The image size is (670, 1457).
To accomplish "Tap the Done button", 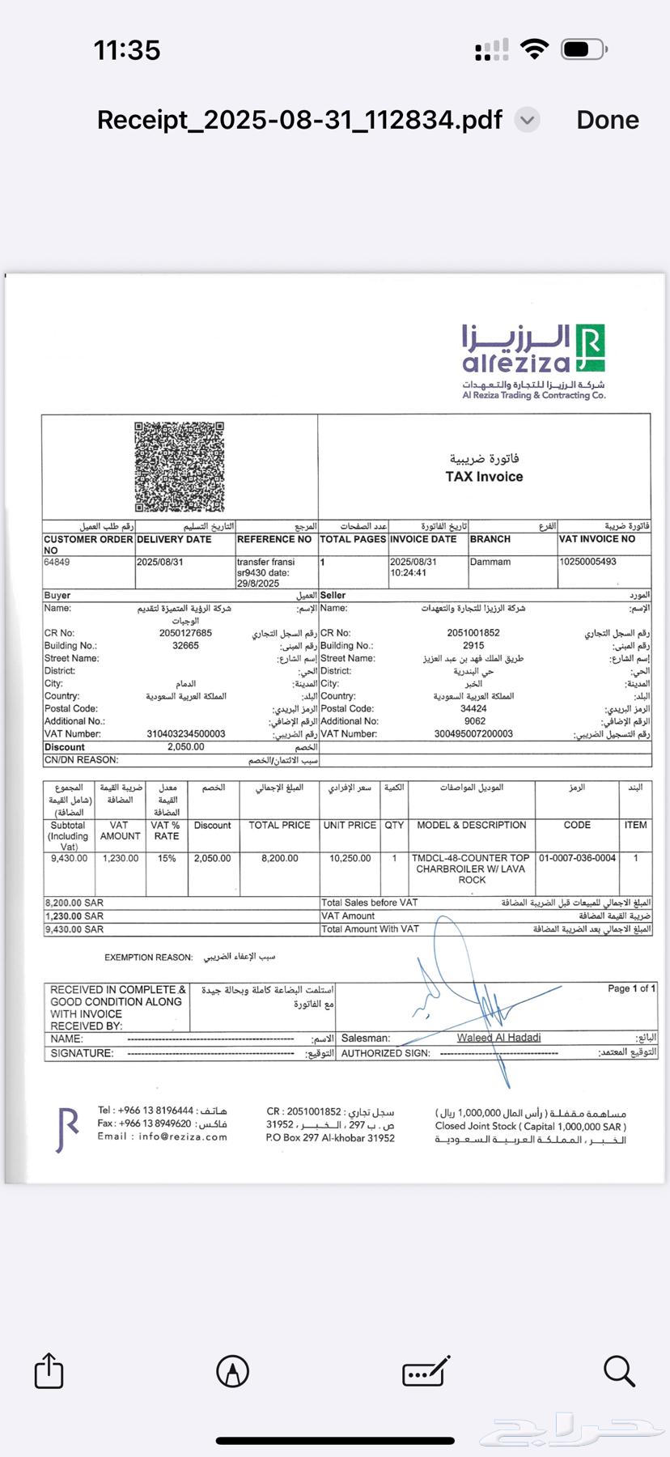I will coord(607,120).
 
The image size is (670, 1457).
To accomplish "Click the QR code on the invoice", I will coord(179,466).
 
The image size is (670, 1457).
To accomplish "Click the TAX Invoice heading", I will coord(484,477).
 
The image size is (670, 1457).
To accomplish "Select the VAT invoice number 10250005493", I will coord(587,562).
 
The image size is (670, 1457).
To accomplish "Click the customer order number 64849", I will coord(57,562).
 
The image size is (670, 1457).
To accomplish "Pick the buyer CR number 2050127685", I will coord(185,633).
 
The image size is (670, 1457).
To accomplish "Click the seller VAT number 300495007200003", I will coord(473,734).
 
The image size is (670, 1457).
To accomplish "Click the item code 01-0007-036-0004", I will coord(577,858).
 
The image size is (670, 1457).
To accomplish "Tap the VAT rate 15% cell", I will coord(167,858).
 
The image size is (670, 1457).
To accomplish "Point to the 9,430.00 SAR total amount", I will coord(74,929).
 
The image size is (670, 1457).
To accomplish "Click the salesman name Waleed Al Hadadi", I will coord(498,1038).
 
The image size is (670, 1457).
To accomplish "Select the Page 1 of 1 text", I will coord(631,988).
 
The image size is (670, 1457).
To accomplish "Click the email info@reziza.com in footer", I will coord(182,1136).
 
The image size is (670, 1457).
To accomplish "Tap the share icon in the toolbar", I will coord(49,1370).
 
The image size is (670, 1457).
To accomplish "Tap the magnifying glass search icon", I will coord(619,1370).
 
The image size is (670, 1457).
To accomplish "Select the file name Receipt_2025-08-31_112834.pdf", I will coord(299,120).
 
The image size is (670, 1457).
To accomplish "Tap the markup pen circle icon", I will coord(233,1370).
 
